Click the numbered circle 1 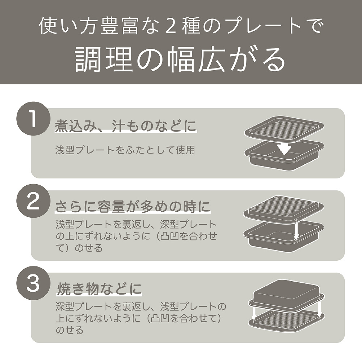33,119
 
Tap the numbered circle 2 33,201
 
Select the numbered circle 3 33,283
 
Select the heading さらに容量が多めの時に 133,206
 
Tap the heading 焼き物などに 99,289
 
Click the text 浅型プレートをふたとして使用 125,150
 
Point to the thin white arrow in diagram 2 296,230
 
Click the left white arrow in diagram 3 254,312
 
